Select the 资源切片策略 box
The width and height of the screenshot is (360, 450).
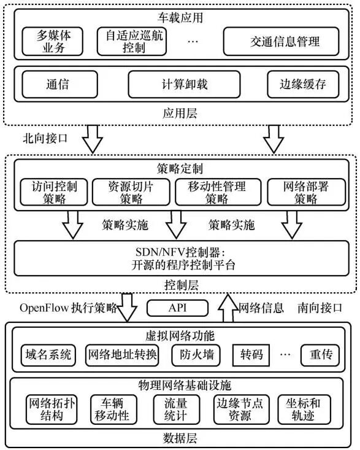(x=129, y=192)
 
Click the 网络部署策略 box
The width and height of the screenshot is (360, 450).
(x=305, y=192)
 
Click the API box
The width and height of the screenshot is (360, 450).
(x=177, y=308)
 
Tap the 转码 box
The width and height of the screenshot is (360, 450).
(x=251, y=355)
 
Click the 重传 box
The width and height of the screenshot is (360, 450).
(x=320, y=355)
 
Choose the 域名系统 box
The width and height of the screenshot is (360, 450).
(x=47, y=355)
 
